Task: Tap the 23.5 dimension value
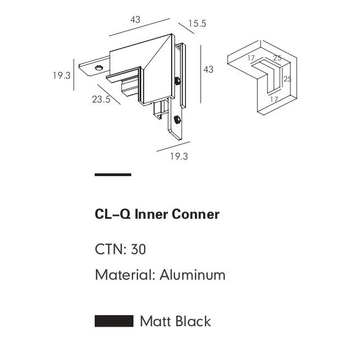102,100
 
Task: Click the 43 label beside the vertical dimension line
208,69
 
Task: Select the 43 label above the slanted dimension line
135,20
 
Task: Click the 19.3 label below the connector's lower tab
178,156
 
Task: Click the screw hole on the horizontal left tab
99,68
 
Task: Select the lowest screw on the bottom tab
177,119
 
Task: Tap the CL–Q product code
112,214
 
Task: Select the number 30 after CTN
138,250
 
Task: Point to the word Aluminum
193,275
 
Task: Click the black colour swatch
114,321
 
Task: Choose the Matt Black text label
175,321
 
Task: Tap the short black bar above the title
113,175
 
